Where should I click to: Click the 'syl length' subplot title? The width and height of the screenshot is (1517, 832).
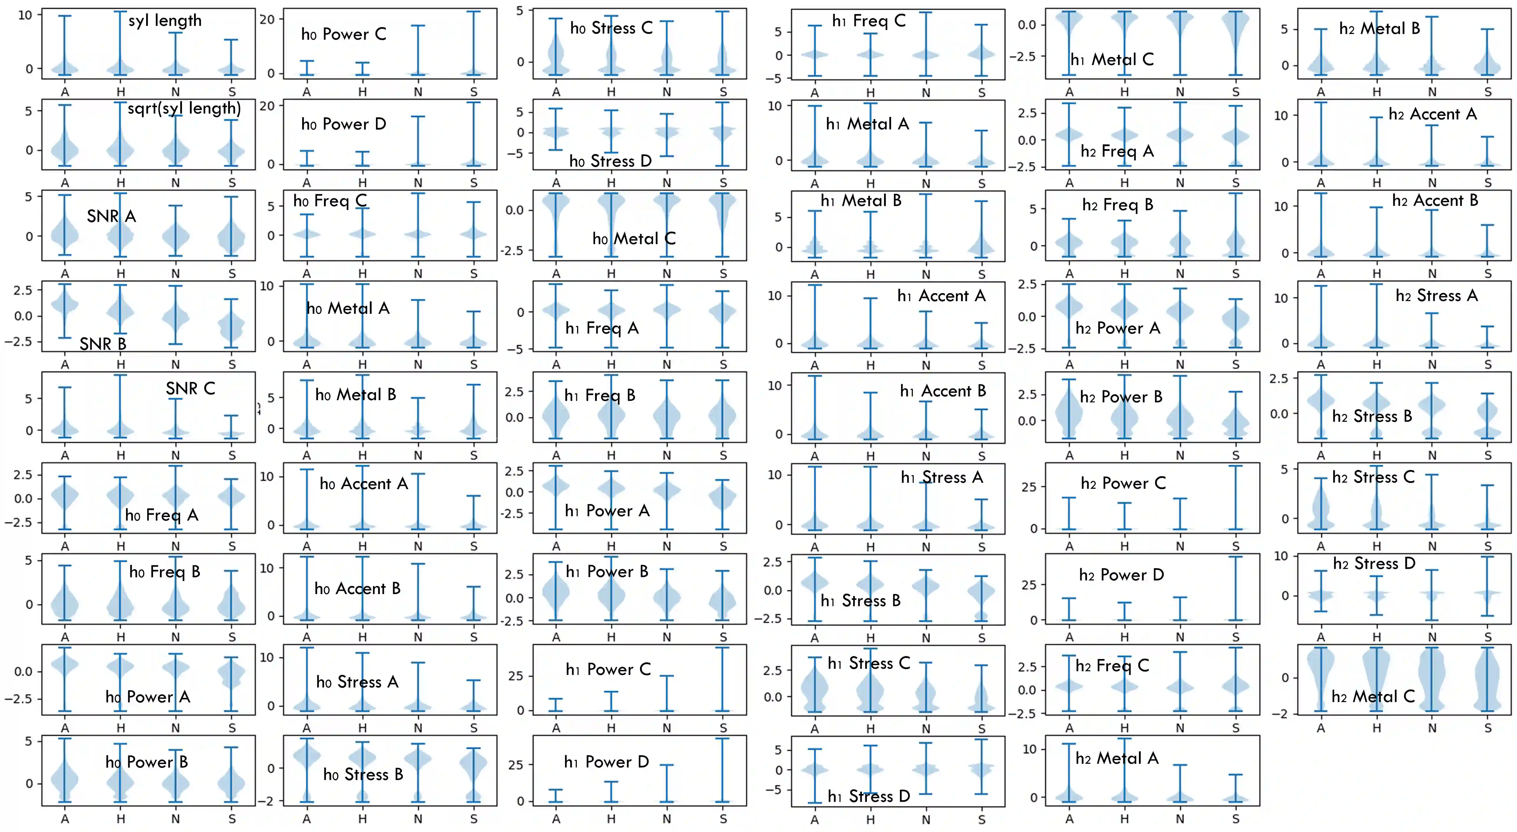[x=165, y=21]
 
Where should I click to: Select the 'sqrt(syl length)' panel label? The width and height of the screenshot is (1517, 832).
[x=184, y=109]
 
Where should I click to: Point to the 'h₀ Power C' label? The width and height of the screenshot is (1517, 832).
[x=343, y=34]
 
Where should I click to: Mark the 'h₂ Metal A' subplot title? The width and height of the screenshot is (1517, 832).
[x=1117, y=758]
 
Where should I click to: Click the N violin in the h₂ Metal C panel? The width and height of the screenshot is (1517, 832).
[x=1432, y=681]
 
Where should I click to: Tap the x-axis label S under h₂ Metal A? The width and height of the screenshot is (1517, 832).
[x=1236, y=819]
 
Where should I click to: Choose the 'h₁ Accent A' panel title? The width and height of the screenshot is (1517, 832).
[x=941, y=296]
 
